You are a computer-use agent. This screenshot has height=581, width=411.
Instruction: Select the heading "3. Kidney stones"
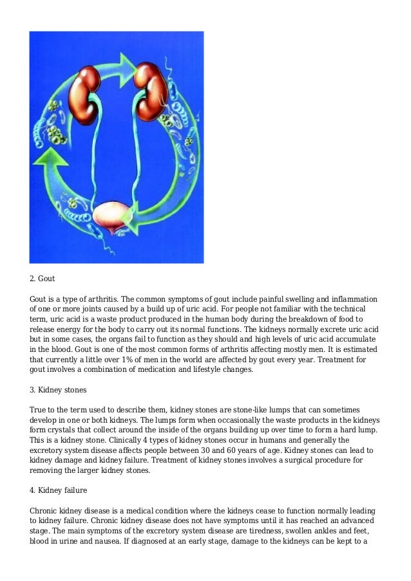(60, 390)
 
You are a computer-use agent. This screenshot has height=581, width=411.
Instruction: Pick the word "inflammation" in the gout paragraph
(350, 299)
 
